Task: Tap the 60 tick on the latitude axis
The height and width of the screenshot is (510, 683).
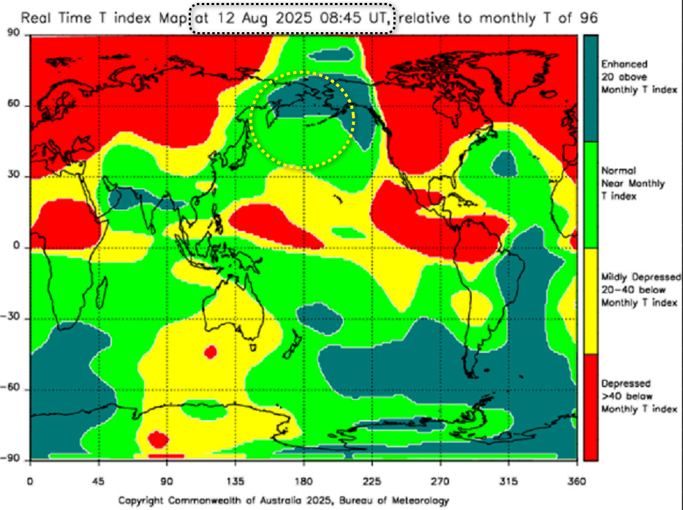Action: click(x=13, y=105)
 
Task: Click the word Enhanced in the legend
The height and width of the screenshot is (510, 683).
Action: click(x=624, y=64)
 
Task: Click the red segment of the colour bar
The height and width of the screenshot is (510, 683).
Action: click(x=590, y=406)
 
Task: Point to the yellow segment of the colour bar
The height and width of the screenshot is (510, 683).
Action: click(x=590, y=301)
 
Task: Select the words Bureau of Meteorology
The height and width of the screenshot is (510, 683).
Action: click(x=388, y=501)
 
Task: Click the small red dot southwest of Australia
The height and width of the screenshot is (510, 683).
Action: click(x=211, y=352)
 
